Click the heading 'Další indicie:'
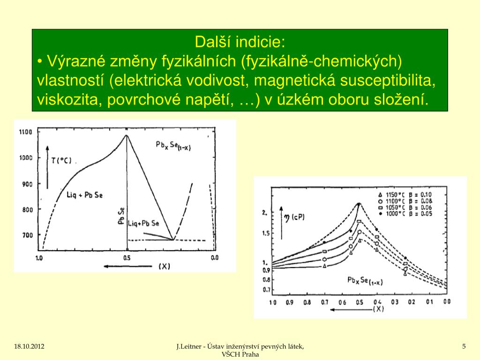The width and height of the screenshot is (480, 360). coord(240,42)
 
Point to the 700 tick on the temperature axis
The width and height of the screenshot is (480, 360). coord(27,234)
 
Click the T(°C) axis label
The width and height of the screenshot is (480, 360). coord(61,160)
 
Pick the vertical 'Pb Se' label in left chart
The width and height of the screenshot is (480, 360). coord(120,217)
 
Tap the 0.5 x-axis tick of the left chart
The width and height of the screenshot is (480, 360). coord(127,258)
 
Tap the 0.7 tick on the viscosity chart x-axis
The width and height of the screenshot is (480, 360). coord(324,302)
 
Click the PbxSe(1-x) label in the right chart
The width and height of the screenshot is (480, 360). coord(365,280)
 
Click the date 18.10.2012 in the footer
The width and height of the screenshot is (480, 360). coord(29,346)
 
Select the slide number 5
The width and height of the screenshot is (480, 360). coord(464,346)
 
